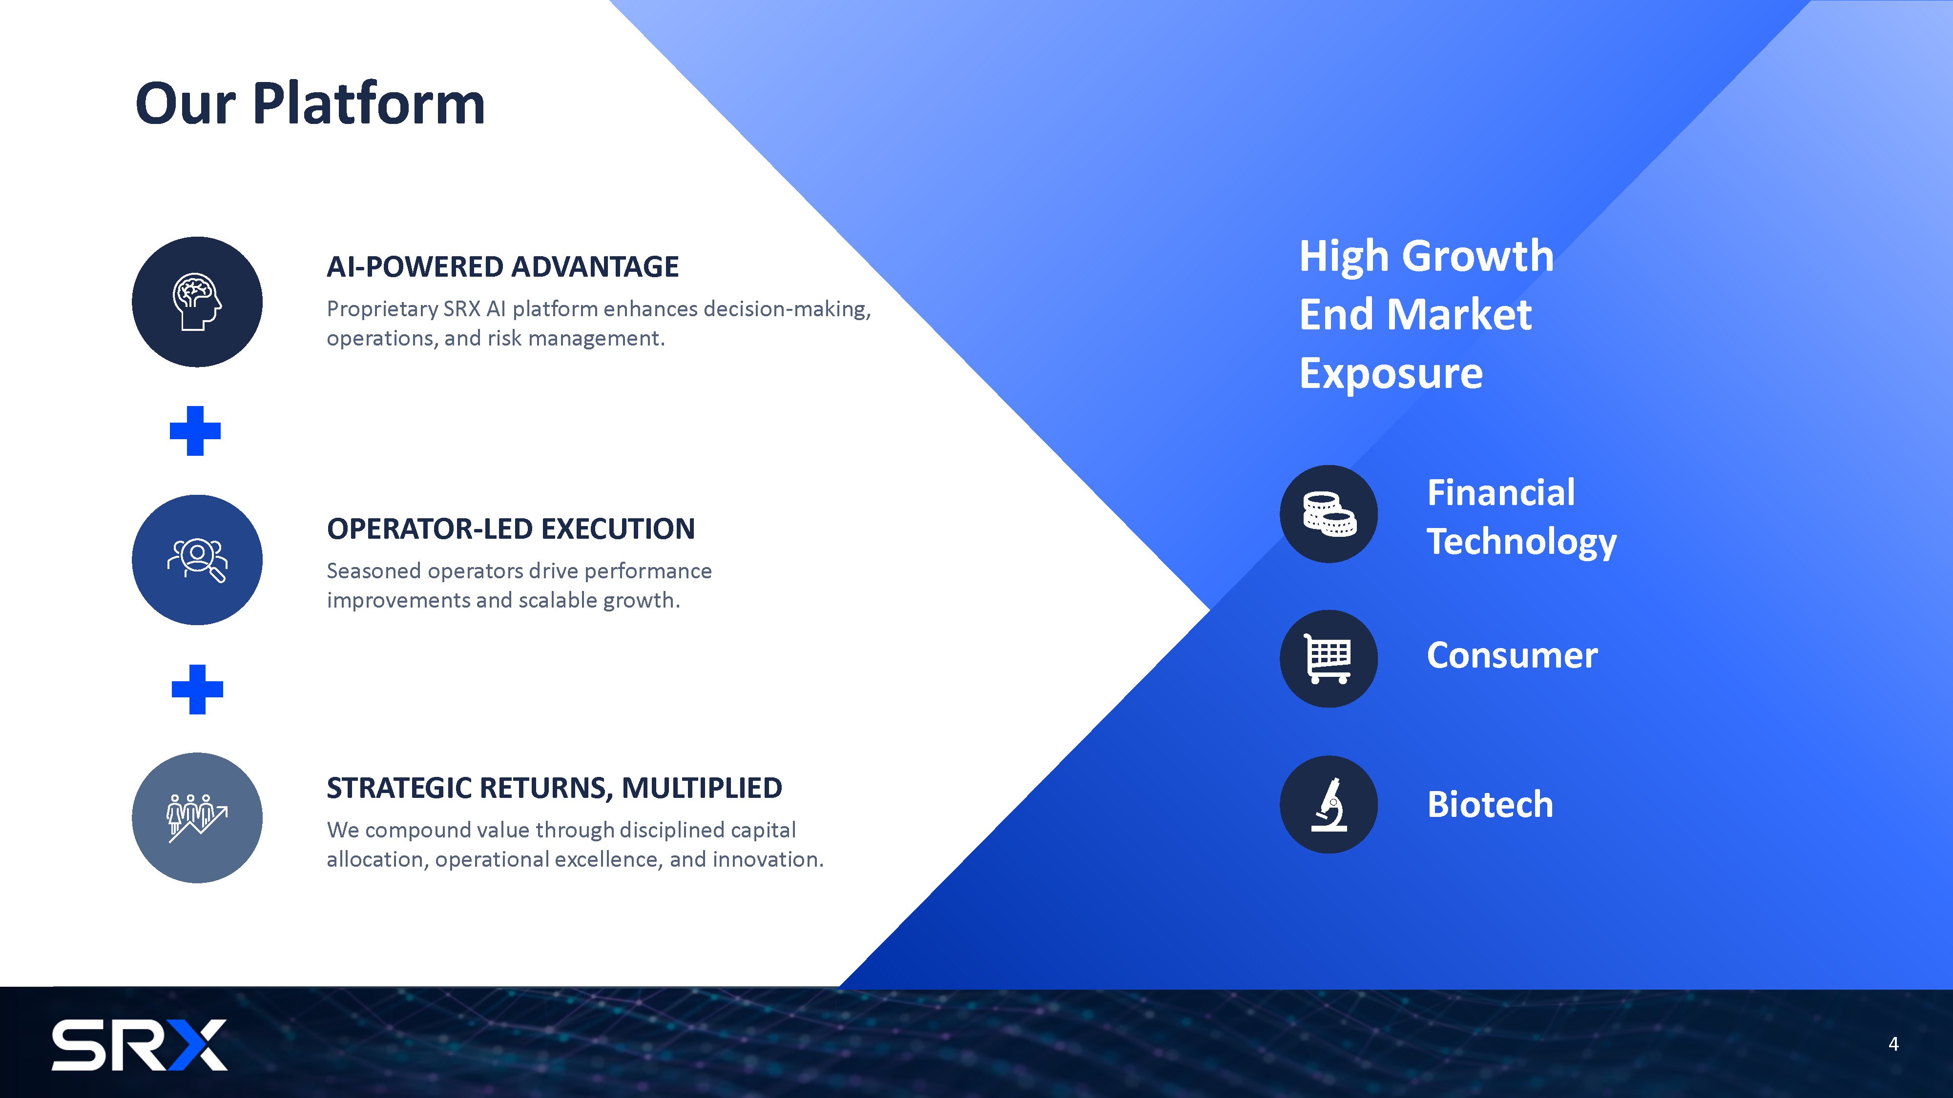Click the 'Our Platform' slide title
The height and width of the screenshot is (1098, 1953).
coord(310,104)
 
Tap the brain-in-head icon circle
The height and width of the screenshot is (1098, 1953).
coord(197,302)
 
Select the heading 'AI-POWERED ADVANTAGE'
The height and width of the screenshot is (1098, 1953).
coord(503,267)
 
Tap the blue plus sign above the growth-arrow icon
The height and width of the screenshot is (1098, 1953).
coord(197,689)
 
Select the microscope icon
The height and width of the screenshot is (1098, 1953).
coord(1329,805)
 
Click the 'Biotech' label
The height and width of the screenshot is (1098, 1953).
coord(1490,804)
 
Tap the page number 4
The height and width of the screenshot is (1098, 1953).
coord(1893,1044)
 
